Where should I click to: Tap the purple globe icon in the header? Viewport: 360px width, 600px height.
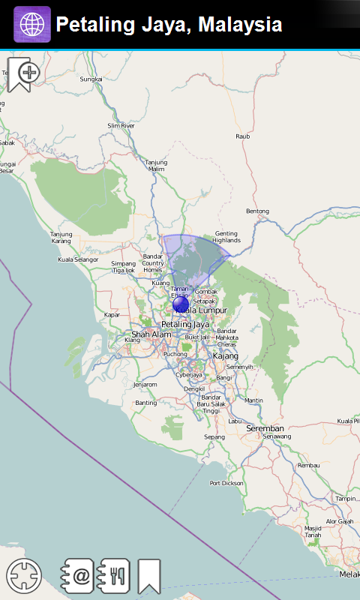tap(32, 25)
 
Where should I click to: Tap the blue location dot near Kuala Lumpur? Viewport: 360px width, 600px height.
tap(180, 304)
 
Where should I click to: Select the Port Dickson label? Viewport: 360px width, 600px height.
tap(226, 483)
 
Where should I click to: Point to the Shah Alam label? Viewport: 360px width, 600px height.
tap(145, 334)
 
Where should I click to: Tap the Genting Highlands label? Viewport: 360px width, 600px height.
tap(226, 237)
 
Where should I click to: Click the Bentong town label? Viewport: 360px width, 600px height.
tap(257, 211)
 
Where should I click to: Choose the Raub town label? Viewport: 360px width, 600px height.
tap(242, 136)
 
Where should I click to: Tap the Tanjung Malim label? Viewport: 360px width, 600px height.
tap(156, 165)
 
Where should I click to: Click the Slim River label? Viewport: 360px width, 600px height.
tap(121, 126)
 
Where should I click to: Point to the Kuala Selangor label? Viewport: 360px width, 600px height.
tap(78, 259)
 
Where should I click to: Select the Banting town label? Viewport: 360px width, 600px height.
tap(146, 403)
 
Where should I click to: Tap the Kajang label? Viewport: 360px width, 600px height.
tap(226, 355)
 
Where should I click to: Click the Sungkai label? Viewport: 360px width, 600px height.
tap(91, 79)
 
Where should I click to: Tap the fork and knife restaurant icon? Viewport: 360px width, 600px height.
tap(115, 576)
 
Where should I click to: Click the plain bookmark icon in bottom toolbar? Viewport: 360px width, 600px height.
tap(149, 576)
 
